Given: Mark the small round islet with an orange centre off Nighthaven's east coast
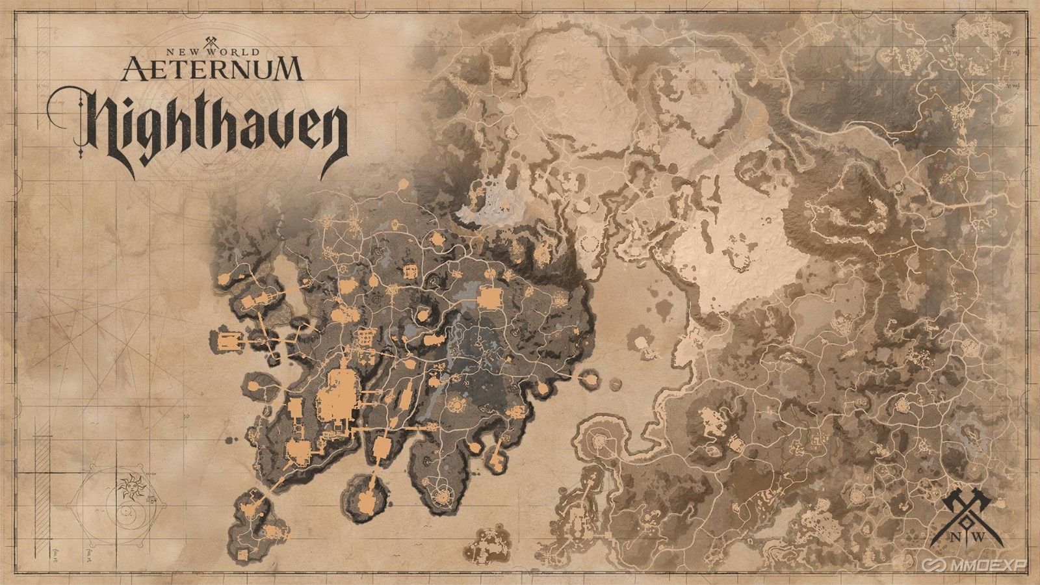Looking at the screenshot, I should click(591, 377).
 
